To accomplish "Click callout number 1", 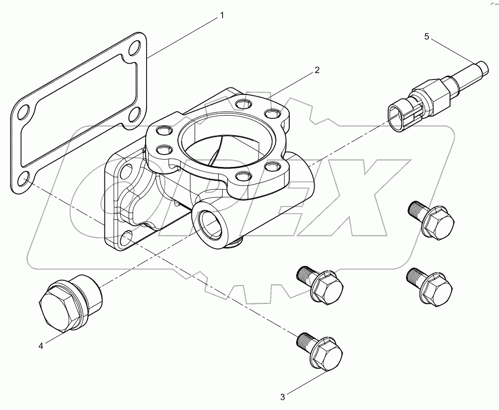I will [x=222, y=16].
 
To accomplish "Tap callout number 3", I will [x=282, y=397].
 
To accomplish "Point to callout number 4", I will [x=41, y=346].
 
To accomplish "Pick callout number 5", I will [x=426, y=36].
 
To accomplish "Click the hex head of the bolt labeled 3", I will [x=327, y=356].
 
